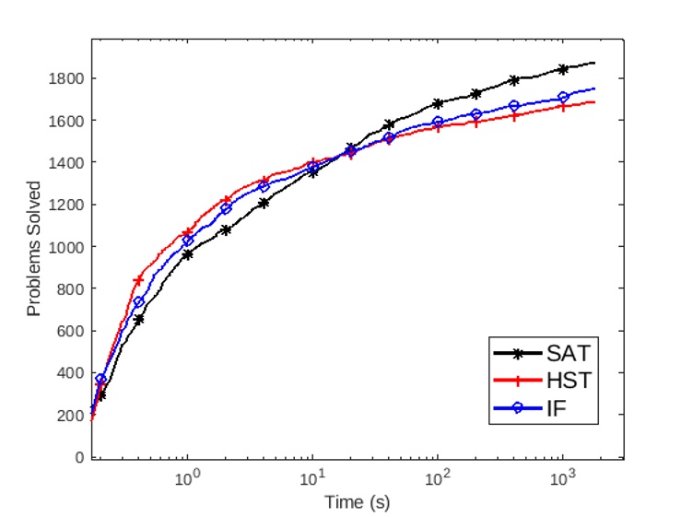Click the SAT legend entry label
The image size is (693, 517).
point(566,353)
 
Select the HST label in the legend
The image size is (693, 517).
point(566,380)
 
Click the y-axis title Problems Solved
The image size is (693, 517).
point(34,249)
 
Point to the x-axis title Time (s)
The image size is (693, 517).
point(356,501)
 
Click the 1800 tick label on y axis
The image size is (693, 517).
point(67,78)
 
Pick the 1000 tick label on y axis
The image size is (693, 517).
point(67,247)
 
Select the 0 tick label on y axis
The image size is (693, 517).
point(78,457)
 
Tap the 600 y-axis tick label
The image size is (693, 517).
point(71,331)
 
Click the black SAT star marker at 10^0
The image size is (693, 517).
point(187,254)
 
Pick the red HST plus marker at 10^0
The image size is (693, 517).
point(187,232)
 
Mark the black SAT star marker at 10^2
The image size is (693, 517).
point(438,103)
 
